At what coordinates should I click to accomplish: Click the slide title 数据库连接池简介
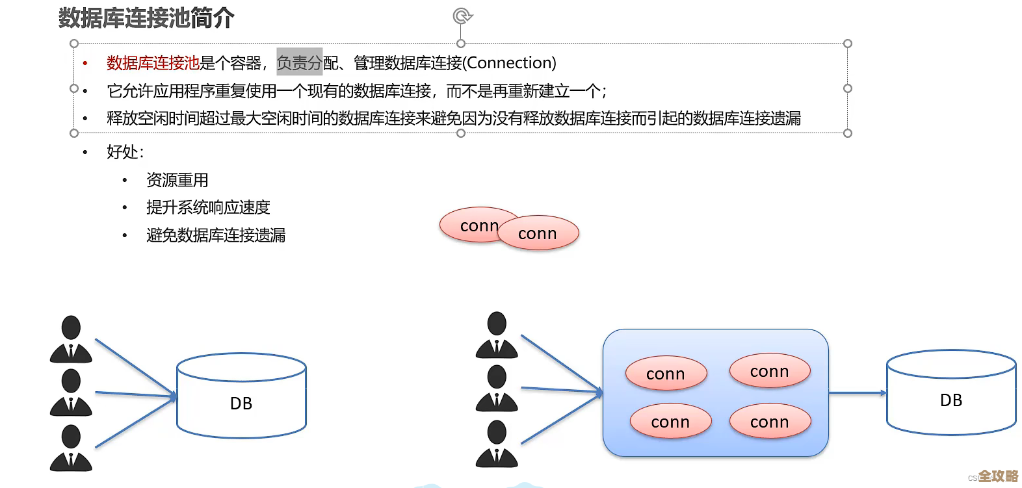pos(146,18)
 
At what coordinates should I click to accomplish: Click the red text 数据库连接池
pos(153,63)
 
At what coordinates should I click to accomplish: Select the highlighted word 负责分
pos(299,63)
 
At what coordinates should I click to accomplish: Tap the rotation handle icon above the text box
pos(462,16)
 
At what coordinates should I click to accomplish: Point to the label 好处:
pos(125,152)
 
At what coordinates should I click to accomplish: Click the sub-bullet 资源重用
pos(177,180)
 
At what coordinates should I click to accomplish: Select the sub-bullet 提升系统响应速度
pos(208,207)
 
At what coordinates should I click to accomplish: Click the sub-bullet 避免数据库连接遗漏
pos(216,235)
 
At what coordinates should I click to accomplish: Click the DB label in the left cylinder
pos(241,404)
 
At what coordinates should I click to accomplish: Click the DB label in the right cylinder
pos(950,400)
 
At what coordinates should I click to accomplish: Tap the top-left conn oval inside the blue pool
pos(666,374)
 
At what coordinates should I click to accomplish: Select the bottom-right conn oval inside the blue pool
pos(770,422)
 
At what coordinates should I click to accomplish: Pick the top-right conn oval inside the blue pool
pos(770,371)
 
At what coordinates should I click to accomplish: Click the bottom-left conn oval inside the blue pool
pos(670,422)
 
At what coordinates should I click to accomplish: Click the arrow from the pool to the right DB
pos(857,393)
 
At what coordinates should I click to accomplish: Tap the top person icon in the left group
pos(71,339)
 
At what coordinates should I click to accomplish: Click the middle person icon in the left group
pos(71,392)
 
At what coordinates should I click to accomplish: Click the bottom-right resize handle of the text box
pos(847,133)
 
